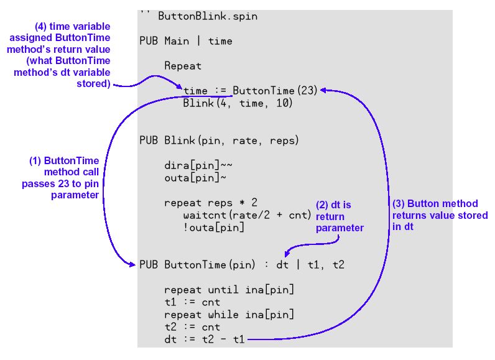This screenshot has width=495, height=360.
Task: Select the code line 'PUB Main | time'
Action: pos(186,41)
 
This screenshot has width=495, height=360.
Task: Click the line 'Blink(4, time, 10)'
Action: pos(238,103)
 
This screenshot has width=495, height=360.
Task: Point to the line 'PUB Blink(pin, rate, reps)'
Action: pos(219,141)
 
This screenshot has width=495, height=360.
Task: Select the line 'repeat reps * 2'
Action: pos(211,203)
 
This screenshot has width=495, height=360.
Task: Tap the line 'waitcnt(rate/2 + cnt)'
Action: pos(247,215)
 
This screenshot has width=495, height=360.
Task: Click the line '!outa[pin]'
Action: pos(213,228)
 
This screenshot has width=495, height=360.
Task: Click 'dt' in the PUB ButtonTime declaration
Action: pos(282,265)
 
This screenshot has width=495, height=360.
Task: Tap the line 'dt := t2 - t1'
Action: pos(205,339)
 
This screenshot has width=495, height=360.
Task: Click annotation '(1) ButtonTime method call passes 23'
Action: pos(62,178)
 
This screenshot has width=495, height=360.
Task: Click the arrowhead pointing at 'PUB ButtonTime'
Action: pos(133,265)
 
